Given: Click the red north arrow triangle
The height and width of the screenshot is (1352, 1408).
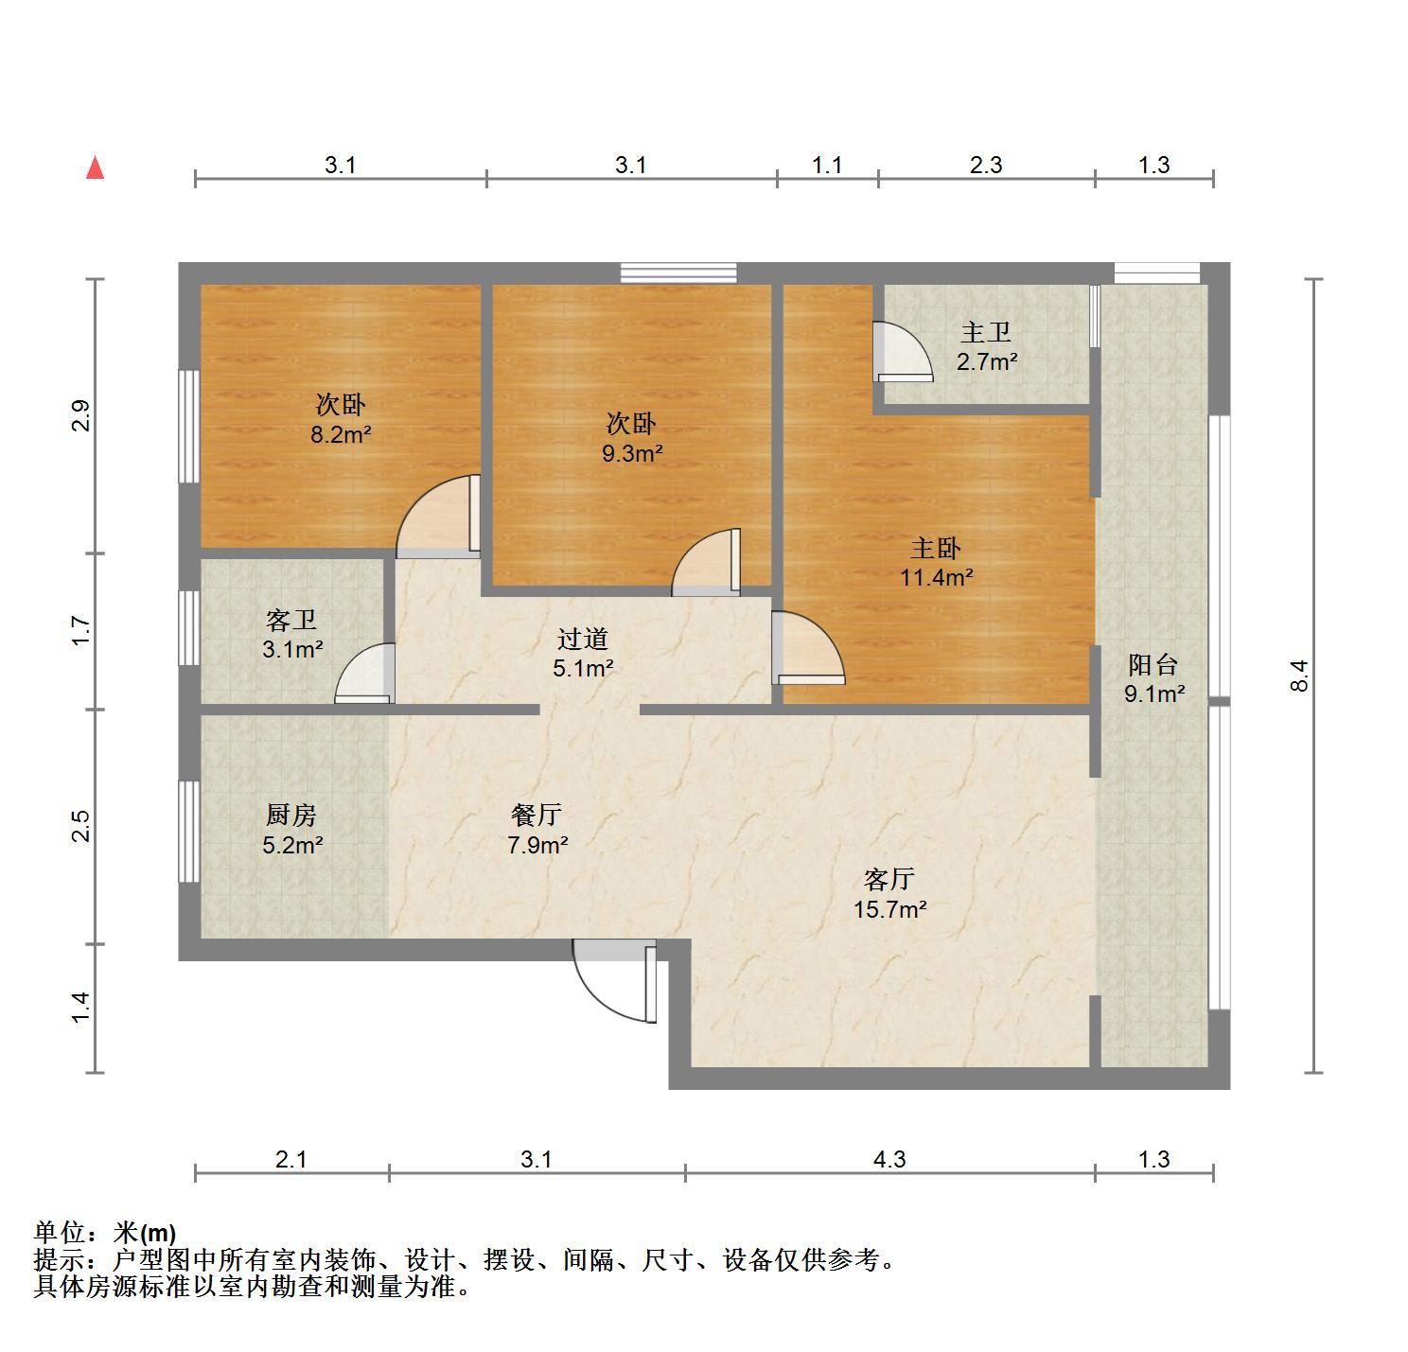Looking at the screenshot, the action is (x=95, y=167).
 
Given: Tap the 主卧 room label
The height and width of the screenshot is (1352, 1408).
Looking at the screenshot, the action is (x=936, y=549).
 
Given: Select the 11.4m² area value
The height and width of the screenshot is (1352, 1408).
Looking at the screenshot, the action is (x=936, y=577).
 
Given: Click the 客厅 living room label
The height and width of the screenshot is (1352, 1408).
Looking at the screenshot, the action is (x=889, y=879).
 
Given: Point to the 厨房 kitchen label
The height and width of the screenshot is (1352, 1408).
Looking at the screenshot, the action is (x=290, y=815).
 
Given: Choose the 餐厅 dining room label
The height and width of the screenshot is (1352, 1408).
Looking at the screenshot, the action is (x=537, y=815).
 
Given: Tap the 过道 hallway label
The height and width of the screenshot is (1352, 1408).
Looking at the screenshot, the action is (x=583, y=638).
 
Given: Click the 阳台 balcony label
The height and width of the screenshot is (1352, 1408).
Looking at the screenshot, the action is (x=1153, y=664).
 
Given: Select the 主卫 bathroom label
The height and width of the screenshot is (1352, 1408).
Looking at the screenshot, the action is (x=985, y=332).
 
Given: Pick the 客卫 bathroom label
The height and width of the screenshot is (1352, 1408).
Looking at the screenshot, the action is (x=290, y=620).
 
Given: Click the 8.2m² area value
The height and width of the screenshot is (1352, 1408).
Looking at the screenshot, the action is (x=341, y=434).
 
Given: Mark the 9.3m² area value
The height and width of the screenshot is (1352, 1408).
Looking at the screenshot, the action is (x=632, y=453).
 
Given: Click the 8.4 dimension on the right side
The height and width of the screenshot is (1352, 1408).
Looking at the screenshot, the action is (x=1299, y=676).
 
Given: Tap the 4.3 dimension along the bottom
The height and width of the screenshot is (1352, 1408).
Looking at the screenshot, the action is (x=889, y=1160).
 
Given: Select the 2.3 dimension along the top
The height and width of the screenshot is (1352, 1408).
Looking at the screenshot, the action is (x=986, y=165).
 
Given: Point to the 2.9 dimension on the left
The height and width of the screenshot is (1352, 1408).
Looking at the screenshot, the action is (x=81, y=415).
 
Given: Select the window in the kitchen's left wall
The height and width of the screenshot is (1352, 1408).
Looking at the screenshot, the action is (x=189, y=832).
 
